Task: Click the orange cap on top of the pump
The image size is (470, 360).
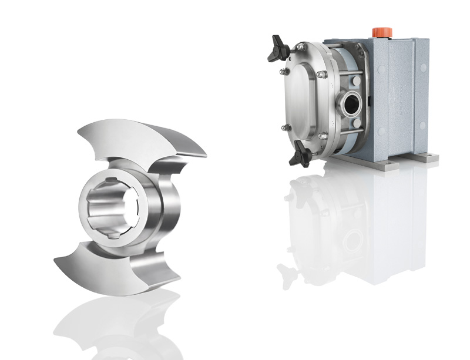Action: [378, 31]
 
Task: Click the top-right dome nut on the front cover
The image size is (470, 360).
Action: [322, 75]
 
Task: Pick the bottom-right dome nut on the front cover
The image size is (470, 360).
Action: [322, 136]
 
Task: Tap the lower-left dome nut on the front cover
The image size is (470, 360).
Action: [286, 129]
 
